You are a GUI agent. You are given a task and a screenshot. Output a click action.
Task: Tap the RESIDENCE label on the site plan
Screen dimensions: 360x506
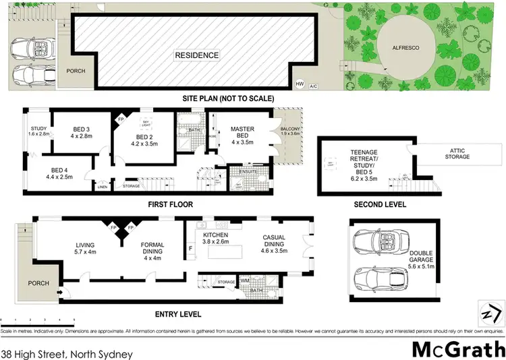tap(197, 55)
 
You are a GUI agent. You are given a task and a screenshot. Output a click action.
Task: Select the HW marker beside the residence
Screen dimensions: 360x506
tap(300, 84)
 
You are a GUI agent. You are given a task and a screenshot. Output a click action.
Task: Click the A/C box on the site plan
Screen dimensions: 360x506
tap(313, 86)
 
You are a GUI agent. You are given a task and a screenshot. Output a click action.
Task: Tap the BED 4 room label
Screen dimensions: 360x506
tap(63, 171)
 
